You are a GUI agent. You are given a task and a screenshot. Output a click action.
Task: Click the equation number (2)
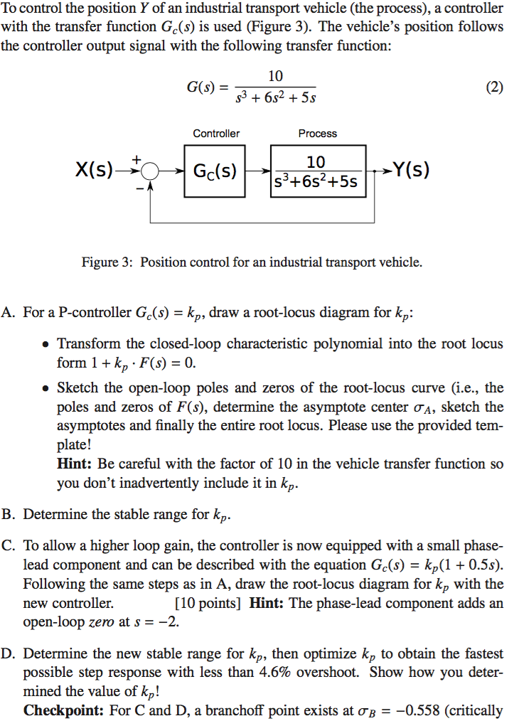click(493, 88)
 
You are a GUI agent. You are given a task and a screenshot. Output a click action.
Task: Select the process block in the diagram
click(317, 171)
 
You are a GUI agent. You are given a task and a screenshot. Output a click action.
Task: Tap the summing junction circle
click(150, 171)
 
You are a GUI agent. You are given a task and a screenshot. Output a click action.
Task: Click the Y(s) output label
click(411, 171)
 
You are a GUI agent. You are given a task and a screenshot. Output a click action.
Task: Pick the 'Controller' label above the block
click(216, 133)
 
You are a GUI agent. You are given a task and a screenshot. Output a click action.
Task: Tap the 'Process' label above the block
click(318, 133)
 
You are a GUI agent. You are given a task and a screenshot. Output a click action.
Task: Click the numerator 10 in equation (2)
click(275, 76)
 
